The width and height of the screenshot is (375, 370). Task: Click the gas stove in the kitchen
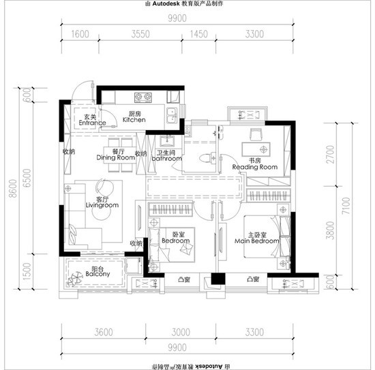click(x=143, y=97)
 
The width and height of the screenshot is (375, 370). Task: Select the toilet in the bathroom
click(x=205, y=159)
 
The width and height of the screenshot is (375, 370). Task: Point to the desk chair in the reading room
click(x=256, y=135)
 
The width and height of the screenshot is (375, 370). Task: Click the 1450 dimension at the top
click(x=198, y=34)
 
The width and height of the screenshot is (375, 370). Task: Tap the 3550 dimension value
click(x=140, y=34)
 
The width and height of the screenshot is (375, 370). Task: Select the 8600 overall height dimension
click(x=14, y=188)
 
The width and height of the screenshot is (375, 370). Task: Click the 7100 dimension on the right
click(x=346, y=206)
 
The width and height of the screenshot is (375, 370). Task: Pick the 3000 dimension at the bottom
click(x=181, y=332)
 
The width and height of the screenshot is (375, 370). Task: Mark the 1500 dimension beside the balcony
click(x=27, y=271)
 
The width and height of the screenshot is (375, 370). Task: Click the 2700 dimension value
click(x=330, y=155)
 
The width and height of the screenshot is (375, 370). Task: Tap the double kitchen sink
click(x=172, y=115)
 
